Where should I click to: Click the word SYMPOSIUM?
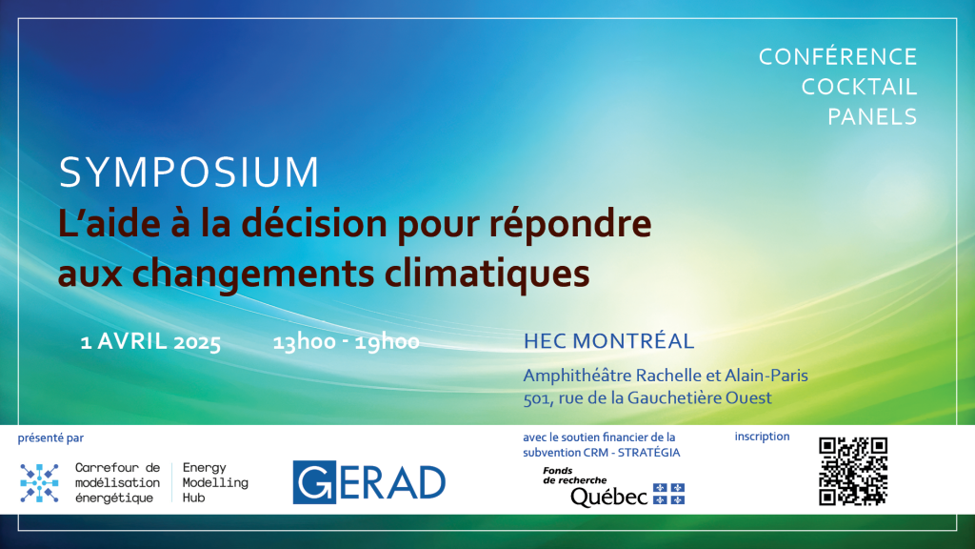click(x=189, y=172)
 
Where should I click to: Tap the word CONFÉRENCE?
click(x=838, y=56)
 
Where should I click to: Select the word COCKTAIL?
click(x=859, y=87)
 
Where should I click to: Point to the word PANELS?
click(x=872, y=117)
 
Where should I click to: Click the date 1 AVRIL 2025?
click(x=150, y=342)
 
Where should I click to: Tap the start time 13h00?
click(x=304, y=342)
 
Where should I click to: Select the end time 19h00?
click(x=387, y=342)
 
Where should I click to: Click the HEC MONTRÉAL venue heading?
click(x=608, y=341)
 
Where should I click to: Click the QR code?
click(x=852, y=471)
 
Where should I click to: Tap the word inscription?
click(x=762, y=437)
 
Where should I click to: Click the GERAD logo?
click(x=368, y=482)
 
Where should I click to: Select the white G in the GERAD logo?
click(x=314, y=482)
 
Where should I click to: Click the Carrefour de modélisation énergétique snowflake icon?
click(x=39, y=483)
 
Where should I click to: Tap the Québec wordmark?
click(x=608, y=496)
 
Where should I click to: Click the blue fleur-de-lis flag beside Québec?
click(x=668, y=494)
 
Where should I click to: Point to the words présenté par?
click(x=50, y=438)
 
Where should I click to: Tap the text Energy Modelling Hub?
click(x=215, y=482)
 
